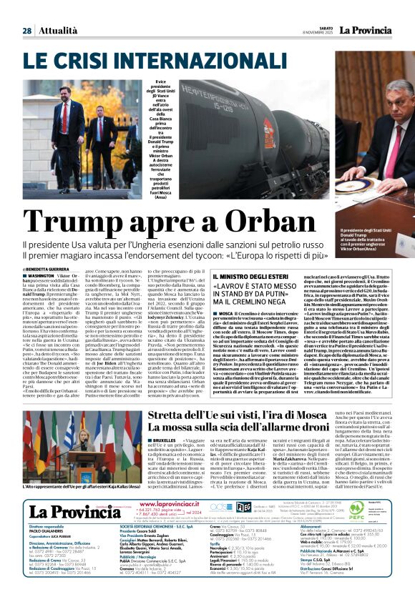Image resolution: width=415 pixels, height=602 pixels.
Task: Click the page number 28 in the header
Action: (x=26, y=31)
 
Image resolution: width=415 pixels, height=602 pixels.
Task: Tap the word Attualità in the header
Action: (x=57, y=31)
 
